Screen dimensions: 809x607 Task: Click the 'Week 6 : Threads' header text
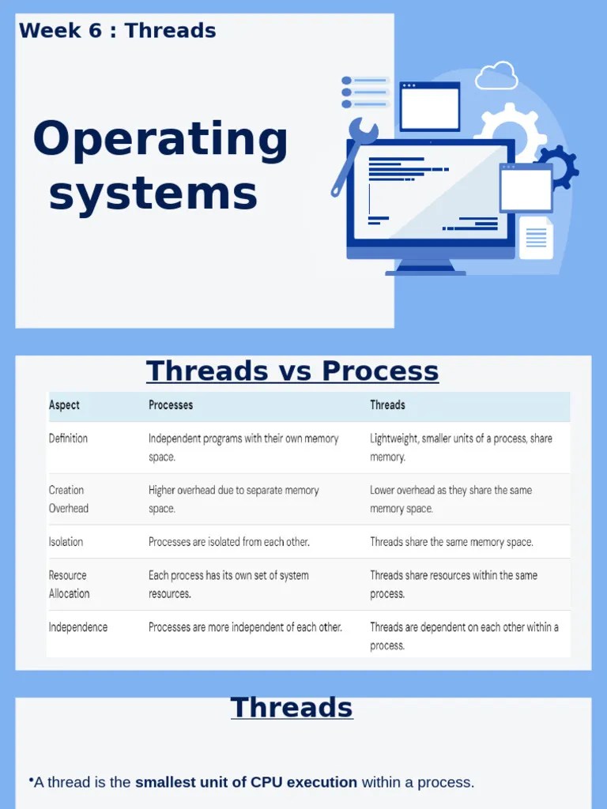click(117, 31)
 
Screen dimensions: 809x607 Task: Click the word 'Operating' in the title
click(160, 140)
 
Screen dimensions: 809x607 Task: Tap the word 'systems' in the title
click(153, 194)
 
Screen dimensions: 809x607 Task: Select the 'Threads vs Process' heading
click(292, 371)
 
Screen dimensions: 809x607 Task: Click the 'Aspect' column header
click(64, 405)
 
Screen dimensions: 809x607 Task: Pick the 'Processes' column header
click(171, 405)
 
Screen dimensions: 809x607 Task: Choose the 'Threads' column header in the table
click(387, 405)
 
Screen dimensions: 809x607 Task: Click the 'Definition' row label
click(68, 438)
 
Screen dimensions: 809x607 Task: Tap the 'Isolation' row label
click(66, 542)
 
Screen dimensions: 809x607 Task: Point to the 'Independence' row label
click(78, 627)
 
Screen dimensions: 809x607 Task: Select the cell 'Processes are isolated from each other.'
click(229, 542)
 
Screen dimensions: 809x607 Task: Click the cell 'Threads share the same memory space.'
click(451, 542)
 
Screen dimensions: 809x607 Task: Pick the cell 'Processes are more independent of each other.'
click(245, 627)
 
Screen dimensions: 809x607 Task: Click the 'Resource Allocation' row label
click(70, 585)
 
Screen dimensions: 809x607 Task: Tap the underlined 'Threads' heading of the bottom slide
click(292, 707)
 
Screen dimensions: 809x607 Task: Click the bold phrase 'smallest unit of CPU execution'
click(246, 783)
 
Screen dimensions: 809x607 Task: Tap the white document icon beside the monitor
click(536, 237)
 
